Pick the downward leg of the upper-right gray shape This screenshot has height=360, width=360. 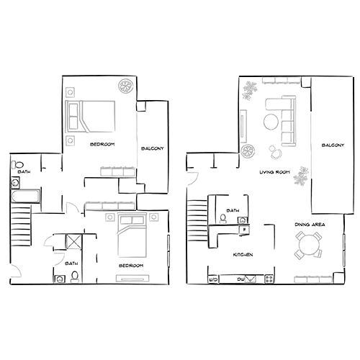point(295,184)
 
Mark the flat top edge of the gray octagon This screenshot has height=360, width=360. point(131,215)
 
